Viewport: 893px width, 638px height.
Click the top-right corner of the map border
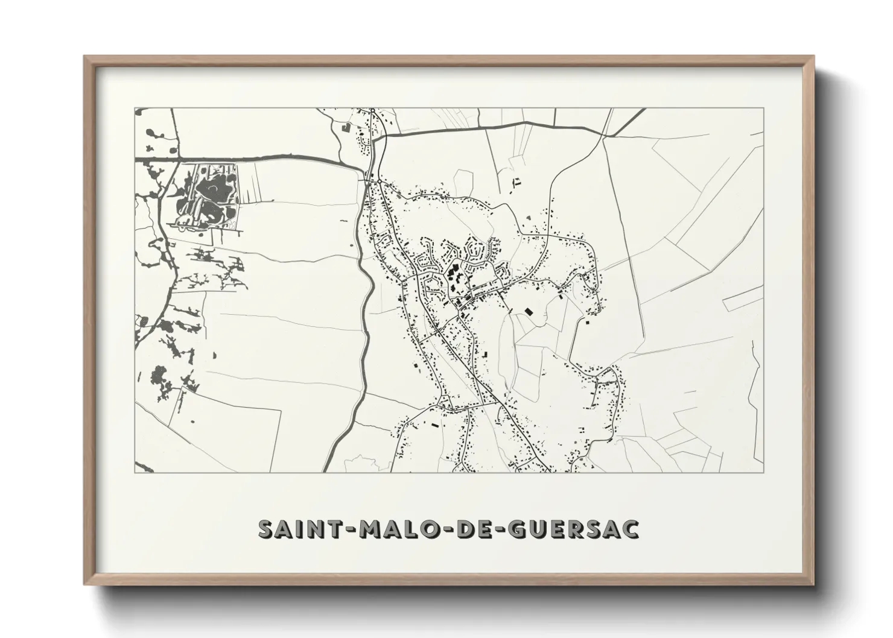(x=763, y=109)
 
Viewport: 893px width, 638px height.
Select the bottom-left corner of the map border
(x=135, y=472)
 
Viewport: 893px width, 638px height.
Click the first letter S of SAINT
(x=266, y=529)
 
